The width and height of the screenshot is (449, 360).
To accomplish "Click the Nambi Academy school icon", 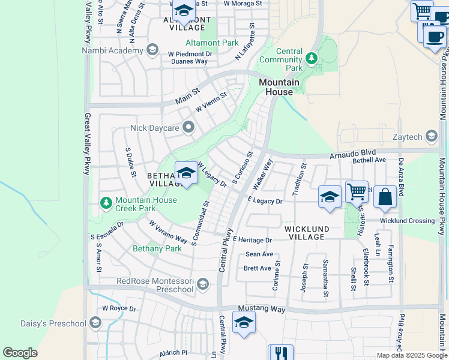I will (152, 50).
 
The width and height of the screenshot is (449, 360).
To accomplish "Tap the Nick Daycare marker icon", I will (190, 127).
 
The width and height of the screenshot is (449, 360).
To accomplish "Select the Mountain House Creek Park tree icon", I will (106, 203).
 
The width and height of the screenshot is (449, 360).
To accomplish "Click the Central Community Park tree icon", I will (311, 58).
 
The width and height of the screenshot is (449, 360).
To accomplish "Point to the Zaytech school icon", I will (431, 137).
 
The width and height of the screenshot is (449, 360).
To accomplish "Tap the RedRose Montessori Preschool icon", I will (203, 284).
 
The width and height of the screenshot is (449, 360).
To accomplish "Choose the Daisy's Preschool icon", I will (95, 323).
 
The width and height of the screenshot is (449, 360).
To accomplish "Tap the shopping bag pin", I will (385, 197).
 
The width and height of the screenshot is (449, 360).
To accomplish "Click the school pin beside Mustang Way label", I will (243, 323).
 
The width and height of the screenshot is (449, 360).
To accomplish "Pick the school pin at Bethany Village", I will (187, 174).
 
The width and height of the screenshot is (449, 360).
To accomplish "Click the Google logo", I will (20, 353).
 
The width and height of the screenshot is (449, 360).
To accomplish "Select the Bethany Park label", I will (157, 248).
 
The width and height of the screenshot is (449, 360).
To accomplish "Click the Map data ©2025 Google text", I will (411, 355).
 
